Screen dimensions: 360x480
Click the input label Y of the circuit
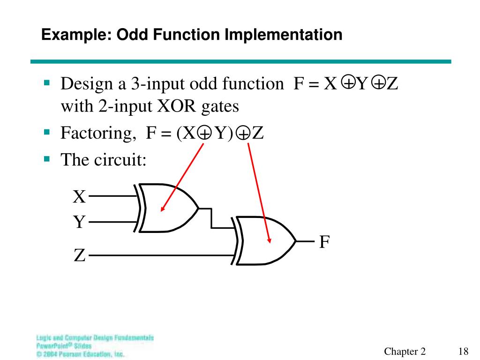point(80,222)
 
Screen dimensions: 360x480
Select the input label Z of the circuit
point(79,256)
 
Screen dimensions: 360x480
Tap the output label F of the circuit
point(324,242)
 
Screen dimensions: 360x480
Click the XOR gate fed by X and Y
point(169,209)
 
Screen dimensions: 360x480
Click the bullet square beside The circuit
point(46,158)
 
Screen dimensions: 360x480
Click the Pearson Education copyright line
point(80,354)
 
